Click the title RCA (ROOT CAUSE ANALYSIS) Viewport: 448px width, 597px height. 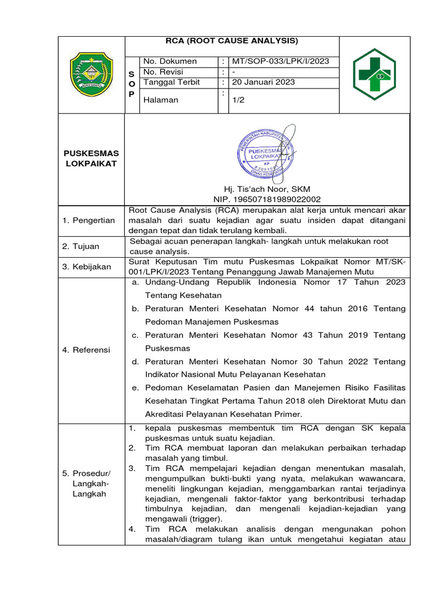click(x=232, y=40)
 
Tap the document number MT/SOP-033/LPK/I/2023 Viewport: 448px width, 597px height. click(x=279, y=61)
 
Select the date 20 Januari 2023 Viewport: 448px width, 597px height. click(x=263, y=82)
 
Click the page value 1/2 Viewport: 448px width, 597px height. click(x=238, y=100)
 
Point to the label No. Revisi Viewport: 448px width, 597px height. click(x=166, y=72)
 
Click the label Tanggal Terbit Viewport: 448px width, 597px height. click(x=171, y=82)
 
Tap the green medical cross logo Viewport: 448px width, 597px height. click(x=374, y=74)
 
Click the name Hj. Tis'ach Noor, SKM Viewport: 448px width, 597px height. click(x=267, y=189)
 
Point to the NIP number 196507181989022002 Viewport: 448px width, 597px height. click(x=267, y=199)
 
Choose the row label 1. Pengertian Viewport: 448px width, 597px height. click(x=89, y=220)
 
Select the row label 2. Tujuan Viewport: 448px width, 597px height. click(x=82, y=247)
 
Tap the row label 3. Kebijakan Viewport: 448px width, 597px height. click(x=87, y=266)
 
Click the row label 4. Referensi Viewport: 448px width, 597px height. click(x=86, y=350)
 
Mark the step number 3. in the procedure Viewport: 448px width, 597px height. click(x=132, y=468)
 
